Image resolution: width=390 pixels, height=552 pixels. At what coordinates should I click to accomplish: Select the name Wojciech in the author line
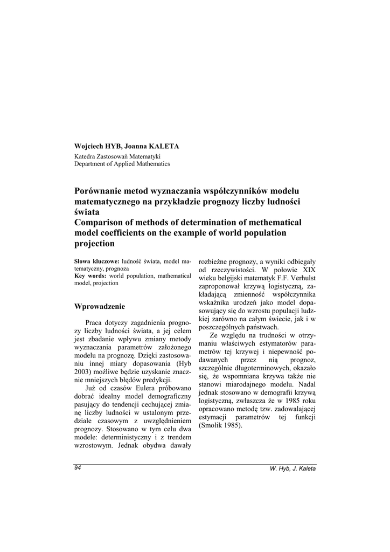pyautogui.click(x=89, y=147)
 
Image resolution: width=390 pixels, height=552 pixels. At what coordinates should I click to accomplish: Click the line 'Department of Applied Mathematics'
pyautogui.click(x=122, y=163)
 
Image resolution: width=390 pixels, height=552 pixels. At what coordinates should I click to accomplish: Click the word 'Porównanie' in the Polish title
pyautogui.click(x=102, y=191)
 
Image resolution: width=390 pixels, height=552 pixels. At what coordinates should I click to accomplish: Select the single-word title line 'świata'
pyautogui.click(x=87, y=212)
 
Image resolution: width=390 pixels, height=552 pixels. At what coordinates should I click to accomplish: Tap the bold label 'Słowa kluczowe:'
pyautogui.click(x=96, y=261)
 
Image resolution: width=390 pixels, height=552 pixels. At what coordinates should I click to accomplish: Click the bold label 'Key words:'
pyautogui.click(x=90, y=276)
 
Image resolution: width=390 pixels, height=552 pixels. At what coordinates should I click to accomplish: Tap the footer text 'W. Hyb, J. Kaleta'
pyautogui.click(x=292, y=468)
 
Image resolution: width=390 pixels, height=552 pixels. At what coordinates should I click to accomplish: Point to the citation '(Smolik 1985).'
pyautogui.click(x=221, y=425)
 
